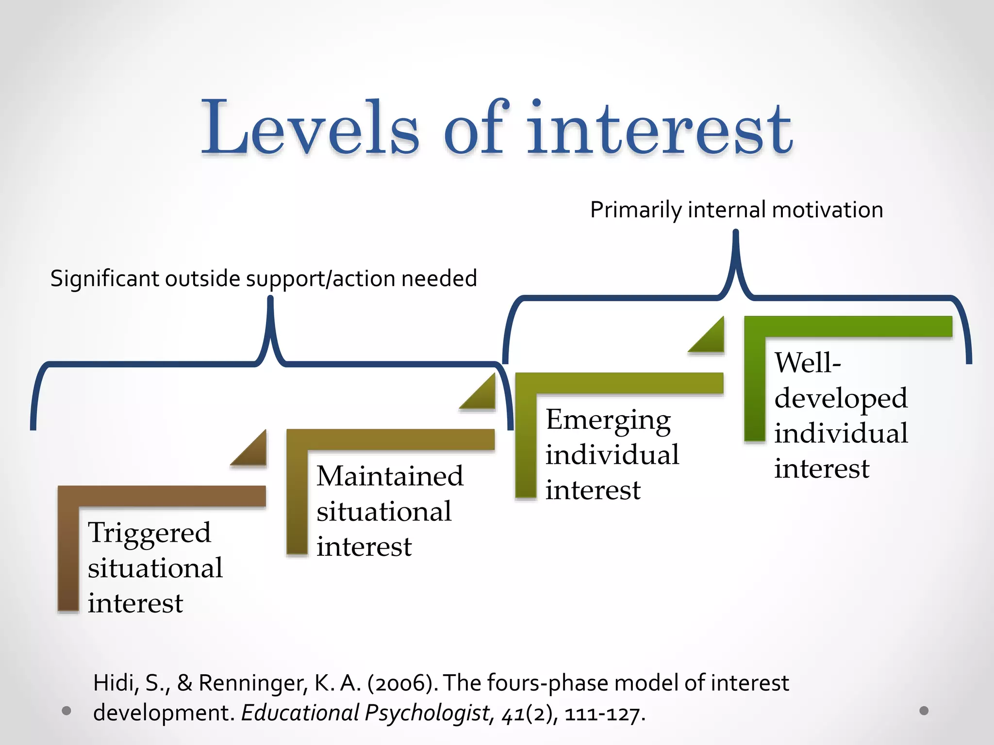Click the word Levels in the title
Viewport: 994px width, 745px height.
pos(311,127)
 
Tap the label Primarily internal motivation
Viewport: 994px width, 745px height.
pos(736,210)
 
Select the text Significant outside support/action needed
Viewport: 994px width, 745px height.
pos(264,279)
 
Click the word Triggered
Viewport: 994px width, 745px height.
pos(149,533)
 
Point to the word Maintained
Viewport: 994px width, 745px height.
pos(390,476)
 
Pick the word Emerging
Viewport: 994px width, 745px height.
pos(608,420)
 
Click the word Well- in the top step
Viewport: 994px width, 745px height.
pos(807,362)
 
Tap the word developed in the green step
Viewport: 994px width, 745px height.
pos(841,398)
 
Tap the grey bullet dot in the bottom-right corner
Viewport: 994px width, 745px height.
pos(924,711)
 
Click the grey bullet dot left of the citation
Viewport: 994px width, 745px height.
pos(67,711)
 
